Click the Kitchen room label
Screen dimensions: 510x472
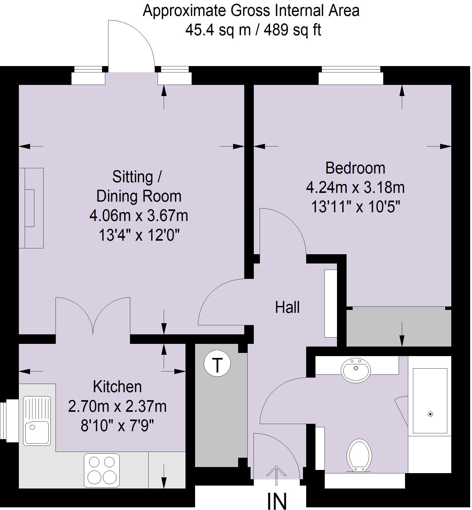pos(117,387)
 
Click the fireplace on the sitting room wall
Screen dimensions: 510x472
pos(31,208)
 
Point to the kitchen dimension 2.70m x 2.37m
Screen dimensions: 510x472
pos(117,407)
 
